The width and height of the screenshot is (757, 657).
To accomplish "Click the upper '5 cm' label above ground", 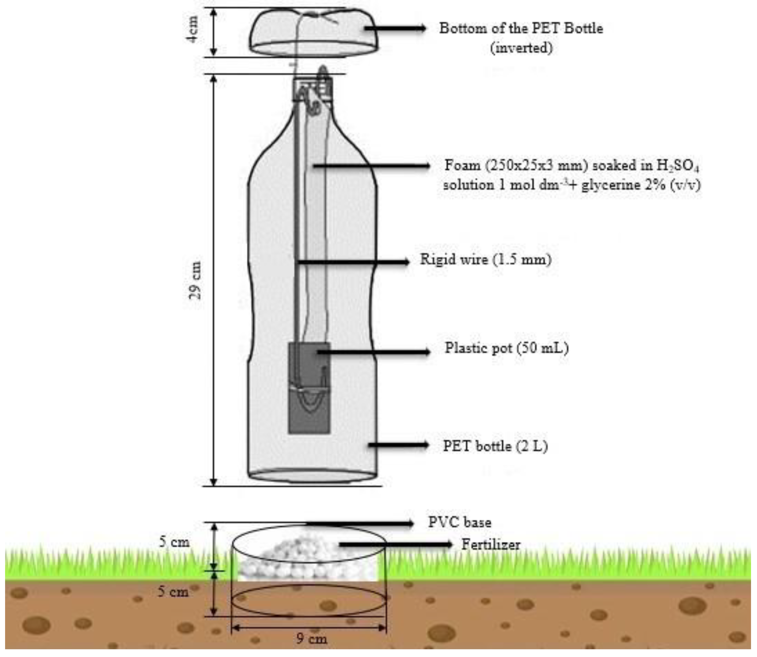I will [x=174, y=542].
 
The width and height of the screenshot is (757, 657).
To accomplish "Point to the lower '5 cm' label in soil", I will [x=173, y=591].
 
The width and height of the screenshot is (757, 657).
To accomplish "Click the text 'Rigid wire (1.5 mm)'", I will [x=485, y=260].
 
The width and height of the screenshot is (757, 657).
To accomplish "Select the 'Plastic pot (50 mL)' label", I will [x=506, y=348].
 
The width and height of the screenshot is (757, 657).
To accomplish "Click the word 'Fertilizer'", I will [x=491, y=545].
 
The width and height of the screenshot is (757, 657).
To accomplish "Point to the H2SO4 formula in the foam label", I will [x=678, y=166].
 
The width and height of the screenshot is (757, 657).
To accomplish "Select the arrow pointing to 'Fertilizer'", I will [x=396, y=545].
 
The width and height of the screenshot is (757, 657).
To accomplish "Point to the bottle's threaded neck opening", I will [x=312, y=88].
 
